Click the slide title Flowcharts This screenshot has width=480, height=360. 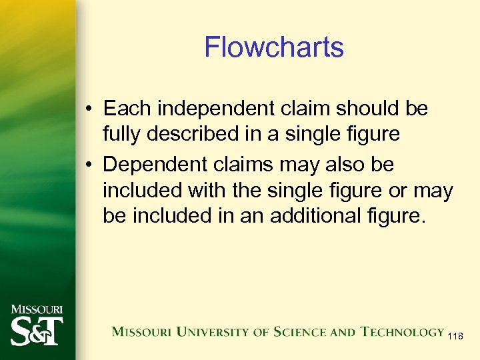pos(273,47)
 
